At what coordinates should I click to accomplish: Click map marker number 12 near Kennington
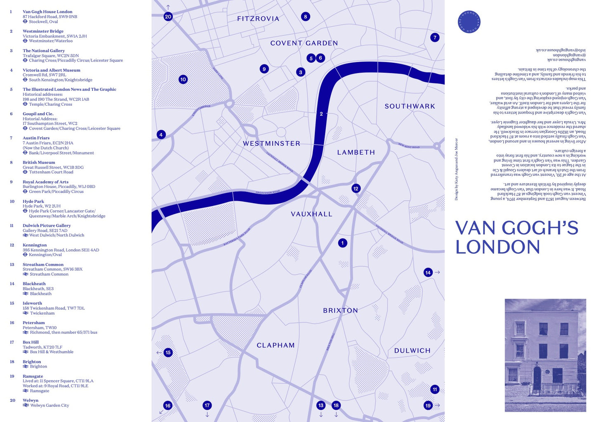point(356,189)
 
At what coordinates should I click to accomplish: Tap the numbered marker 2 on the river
point(321,114)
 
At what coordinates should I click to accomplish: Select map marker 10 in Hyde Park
point(183,79)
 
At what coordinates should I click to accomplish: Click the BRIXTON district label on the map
point(340,311)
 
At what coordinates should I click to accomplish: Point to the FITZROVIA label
point(258,19)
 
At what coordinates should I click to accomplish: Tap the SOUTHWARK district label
point(410,107)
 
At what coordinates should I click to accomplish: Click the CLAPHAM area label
point(276,345)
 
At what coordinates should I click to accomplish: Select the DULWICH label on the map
point(412,351)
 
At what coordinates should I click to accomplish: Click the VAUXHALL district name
point(311,214)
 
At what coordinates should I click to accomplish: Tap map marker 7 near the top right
point(434,38)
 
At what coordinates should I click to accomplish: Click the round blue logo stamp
point(469,21)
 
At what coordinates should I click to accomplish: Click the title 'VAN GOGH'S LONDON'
point(516,237)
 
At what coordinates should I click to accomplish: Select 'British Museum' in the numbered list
point(39,162)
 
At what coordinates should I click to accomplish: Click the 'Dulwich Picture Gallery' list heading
point(47,225)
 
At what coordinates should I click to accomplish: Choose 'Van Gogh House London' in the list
point(47,12)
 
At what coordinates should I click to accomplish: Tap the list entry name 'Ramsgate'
point(33,376)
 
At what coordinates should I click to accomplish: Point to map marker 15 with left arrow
point(168,353)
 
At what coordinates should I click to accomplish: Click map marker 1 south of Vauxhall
point(342,243)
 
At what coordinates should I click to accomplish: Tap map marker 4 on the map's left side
point(161,134)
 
